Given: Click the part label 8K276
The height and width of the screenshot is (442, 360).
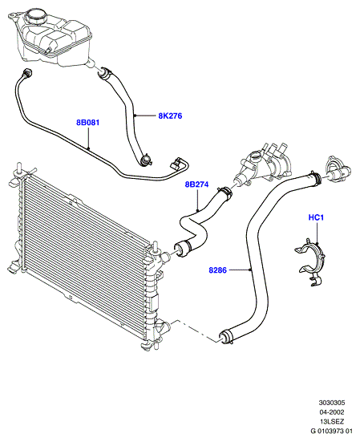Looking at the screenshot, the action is point(170,116).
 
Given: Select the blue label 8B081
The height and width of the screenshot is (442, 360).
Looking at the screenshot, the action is point(88,123).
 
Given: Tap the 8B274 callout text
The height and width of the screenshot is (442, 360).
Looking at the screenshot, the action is point(196,185).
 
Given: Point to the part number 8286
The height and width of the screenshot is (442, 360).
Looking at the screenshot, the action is point(217,270).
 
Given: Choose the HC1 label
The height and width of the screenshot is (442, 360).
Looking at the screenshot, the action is point(316,217).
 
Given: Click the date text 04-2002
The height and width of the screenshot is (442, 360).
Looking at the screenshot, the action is point(332,412).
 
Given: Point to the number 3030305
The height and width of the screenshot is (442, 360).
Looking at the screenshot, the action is point(332,403).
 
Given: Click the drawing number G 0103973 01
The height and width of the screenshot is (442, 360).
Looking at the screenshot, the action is point(332,431).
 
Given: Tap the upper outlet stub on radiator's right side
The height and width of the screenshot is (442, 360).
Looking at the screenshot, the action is point(165,256).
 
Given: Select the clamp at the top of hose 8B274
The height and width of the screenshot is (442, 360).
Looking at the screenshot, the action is point(225,192).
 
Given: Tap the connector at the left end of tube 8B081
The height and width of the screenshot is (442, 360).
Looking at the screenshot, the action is point(28,72).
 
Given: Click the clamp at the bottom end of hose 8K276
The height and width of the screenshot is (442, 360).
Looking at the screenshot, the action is point(146,160).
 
